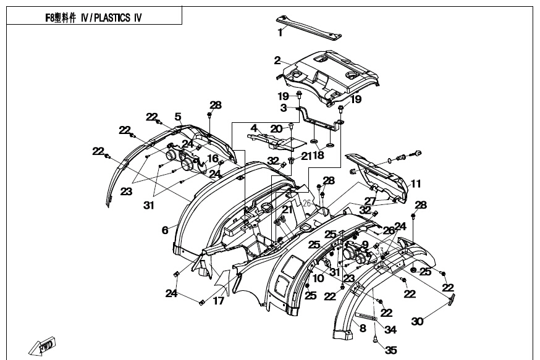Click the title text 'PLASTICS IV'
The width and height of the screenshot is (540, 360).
pyautogui.click(x=118, y=17)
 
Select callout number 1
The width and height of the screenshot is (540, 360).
pyautogui.click(x=280, y=33)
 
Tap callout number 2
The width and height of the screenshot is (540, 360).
pyautogui.click(x=277, y=61)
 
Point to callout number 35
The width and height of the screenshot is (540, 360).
pyautogui.click(x=391, y=350)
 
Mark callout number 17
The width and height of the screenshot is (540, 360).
pyautogui.click(x=219, y=302)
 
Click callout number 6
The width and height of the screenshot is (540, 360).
pyautogui.click(x=165, y=230)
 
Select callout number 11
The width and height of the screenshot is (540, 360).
pyautogui.click(x=416, y=184)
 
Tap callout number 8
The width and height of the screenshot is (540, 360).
pyautogui.click(x=363, y=328)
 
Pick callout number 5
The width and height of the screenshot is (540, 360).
pyautogui.click(x=177, y=116)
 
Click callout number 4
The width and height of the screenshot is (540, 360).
pyautogui.click(x=253, y=128)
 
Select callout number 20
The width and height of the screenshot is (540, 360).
pyautogui.click(x=276, y=128)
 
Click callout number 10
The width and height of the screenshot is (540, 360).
pyautogui.click(x=318, y=278)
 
